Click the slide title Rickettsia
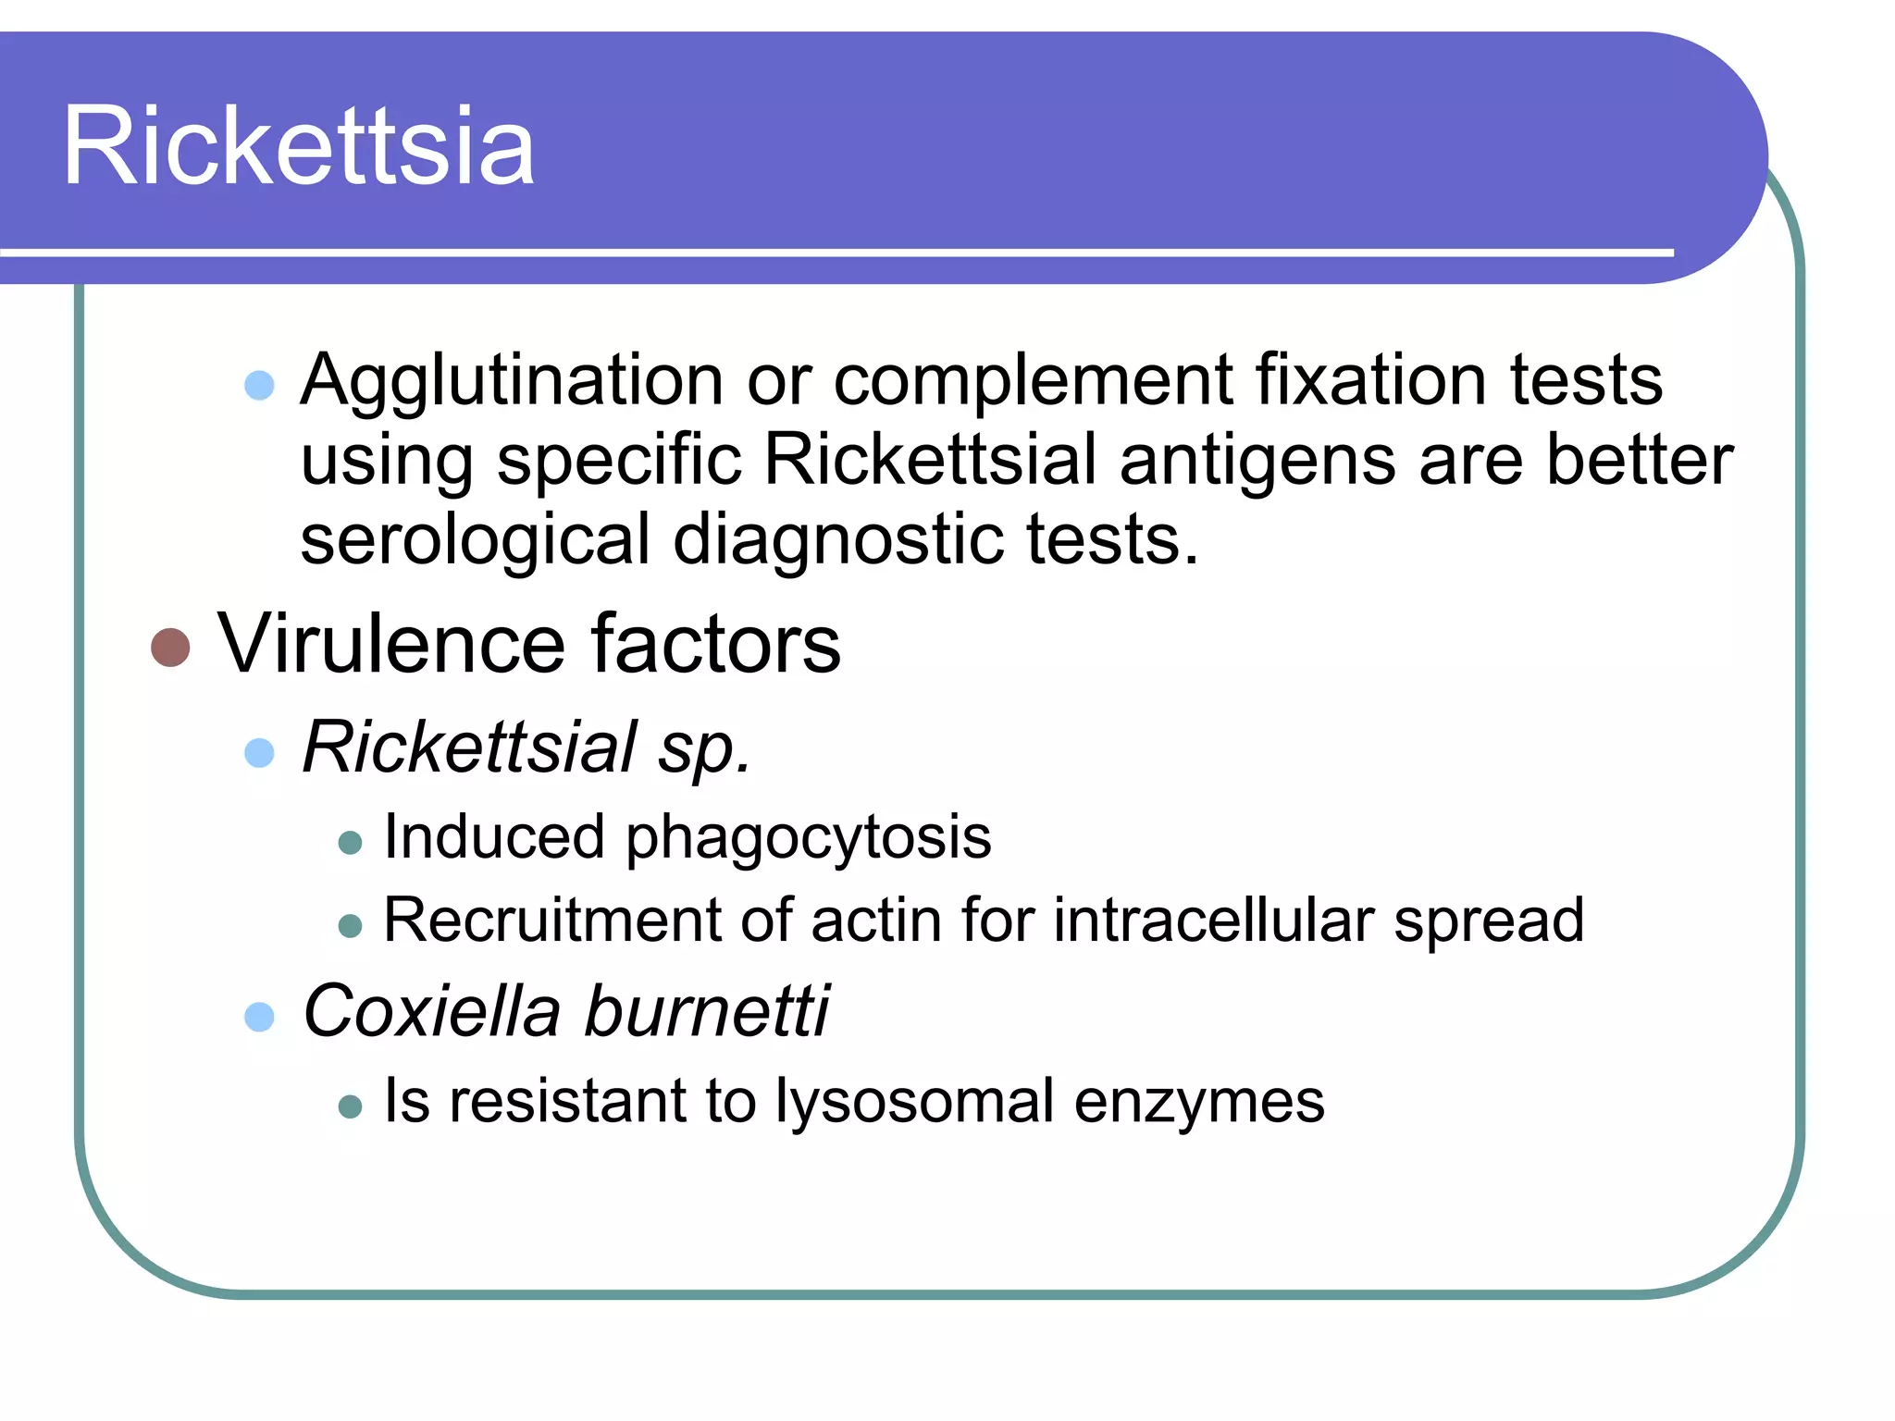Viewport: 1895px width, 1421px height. click(298, 146)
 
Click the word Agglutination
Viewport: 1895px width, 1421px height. click(512, 381)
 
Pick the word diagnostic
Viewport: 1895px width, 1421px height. click(836, 541)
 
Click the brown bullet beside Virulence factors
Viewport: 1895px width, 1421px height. click(170, 648)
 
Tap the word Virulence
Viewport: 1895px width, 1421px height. click(390, 644)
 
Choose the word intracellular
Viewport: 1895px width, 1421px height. click(1213, 920)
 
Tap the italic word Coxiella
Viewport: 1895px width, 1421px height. click(431, 1010)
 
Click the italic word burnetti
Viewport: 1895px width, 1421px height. click(707, 1010)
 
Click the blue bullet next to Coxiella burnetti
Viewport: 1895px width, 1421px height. click(260, 1017)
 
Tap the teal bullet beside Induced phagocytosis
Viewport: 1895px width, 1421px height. click(350, 842)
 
